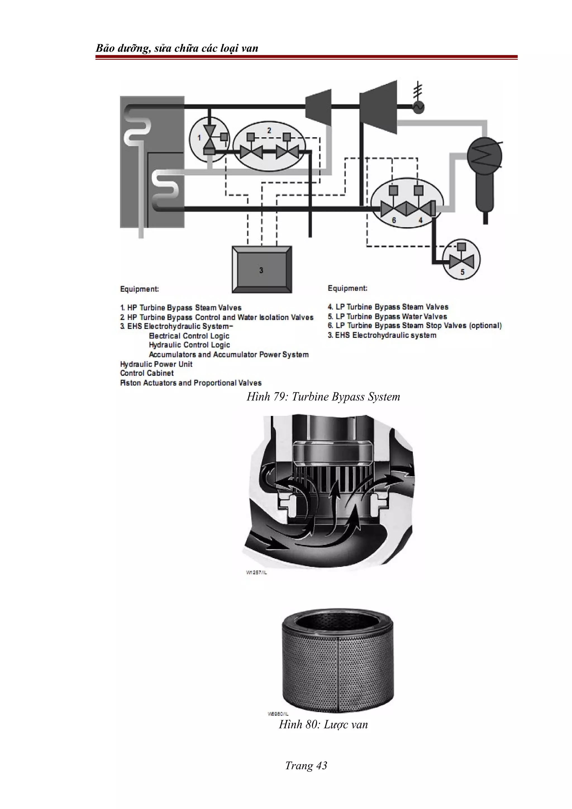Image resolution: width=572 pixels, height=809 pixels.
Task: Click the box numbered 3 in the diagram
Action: click(261, 270)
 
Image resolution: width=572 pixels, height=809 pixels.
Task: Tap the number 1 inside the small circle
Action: click(199, 138)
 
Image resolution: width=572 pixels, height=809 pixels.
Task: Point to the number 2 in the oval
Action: click(269, 130)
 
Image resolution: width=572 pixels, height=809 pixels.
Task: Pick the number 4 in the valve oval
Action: click(420, 220)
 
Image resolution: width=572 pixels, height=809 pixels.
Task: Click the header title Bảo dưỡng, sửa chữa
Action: click(177, 48)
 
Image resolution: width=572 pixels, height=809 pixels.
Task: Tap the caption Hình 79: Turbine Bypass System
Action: click(323, 397)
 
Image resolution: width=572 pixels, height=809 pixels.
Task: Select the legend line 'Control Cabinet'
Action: click(147, 373)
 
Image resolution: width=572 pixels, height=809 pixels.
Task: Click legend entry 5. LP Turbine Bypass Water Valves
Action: click(387, 316)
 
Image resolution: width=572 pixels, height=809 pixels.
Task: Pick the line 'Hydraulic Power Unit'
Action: click(156, 364)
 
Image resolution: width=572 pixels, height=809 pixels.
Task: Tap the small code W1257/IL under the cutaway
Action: click(256, 573)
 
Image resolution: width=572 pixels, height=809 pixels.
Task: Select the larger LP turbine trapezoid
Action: click(378, 107)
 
